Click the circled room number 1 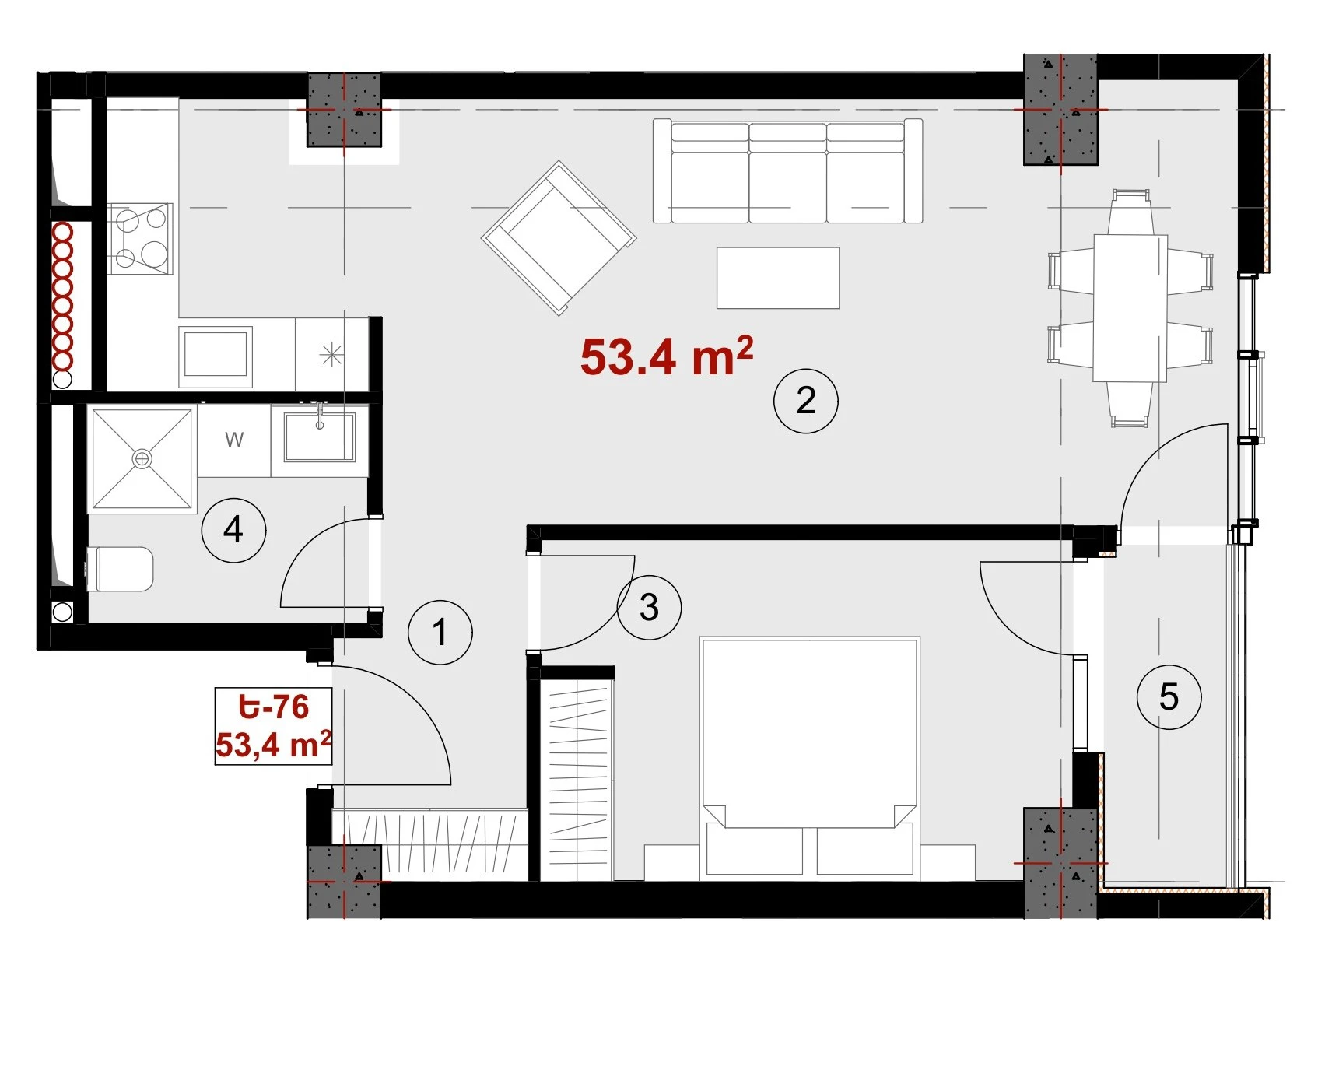(x=440, y=632)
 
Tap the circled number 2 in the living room (x=806, y=401)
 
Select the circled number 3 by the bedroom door (x=650, y=607)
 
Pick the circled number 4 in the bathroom (x=233, y=530)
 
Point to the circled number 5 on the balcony (x=1169, y=696)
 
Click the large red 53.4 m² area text (x=667, y=357)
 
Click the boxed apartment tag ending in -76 (x=273, y=726)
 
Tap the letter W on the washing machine (x=234, y=440)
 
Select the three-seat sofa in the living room (x=787, y=171)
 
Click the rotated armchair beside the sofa (x=559, y=237)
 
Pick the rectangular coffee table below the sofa (x=778, y=278)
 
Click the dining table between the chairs (x=1130, y=308)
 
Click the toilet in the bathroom (x=120, y=569)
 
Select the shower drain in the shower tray (x=142, y=459)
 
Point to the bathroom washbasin (x=319, y=437)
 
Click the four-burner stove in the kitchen (x=140, y=239)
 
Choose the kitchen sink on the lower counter (x=216, y=356)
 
